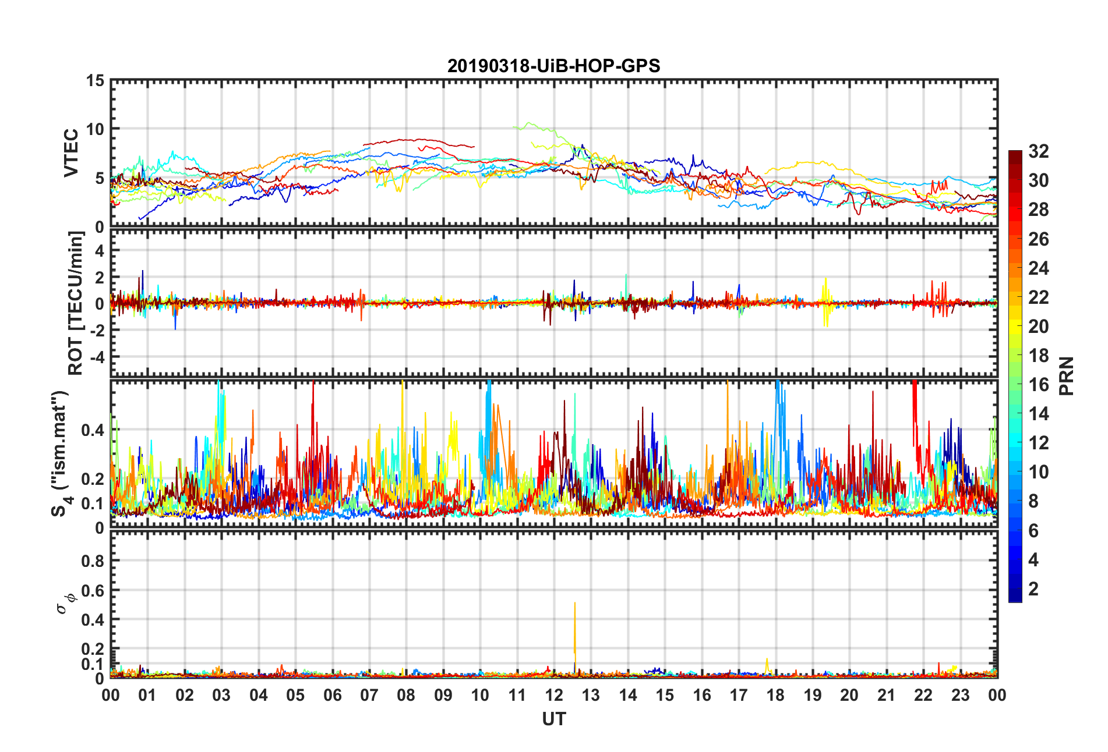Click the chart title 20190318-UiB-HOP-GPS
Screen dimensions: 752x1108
click(x=553, y=66)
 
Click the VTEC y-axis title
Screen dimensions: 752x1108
click(x=71, y=152)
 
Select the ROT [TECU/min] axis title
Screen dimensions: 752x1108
click(x=76, y=303)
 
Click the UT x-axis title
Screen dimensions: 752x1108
click(x=553, y=719)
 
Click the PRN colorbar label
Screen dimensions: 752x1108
click(x=1066, y=376)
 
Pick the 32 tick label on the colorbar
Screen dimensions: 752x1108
click(x=1038, y=151)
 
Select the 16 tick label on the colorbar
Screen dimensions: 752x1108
click(x=1038, y=385)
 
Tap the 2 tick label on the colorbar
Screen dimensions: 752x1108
click(x=1033, y=589)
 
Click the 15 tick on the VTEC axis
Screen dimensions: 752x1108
click(x=96, y=81)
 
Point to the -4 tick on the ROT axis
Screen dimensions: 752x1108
click(x=96, y=356)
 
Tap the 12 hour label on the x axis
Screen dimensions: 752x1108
click(x=554, y=695)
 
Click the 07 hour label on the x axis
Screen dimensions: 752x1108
click(x=369, y=695)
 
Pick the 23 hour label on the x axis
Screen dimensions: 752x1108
click(x=960, y=695)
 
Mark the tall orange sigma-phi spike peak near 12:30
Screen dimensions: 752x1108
click(x=575, y=603)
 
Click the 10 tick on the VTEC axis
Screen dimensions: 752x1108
click(x=96, y=129)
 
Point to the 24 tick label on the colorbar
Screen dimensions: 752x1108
click(x=1038, y=268)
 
